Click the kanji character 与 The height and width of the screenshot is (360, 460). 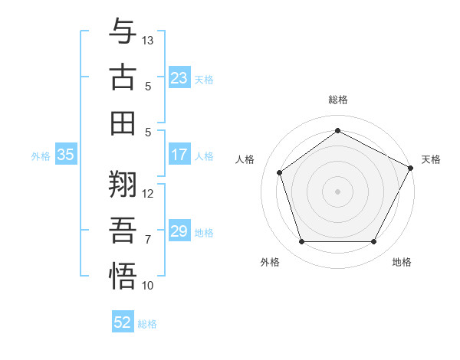click(x=123, y=33)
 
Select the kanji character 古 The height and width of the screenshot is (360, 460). click(x=123, y=77)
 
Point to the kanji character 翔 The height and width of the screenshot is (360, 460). click(x=123, y=185)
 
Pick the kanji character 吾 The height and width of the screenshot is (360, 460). click(x=123, y=231)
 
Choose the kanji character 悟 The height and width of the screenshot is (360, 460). click(x=123, y=276)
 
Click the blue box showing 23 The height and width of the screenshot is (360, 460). click(x=179, y=78)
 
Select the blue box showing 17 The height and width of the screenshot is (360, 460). click(x=179, y=155)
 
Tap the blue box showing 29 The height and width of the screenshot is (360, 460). click(x=179, y=231)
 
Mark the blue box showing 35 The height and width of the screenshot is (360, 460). click(x=65, y=155)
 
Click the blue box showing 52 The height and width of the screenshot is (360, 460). click(x=123, y=322)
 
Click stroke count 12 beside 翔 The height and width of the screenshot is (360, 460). click(x=149, y=193)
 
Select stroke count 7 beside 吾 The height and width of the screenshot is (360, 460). click(x=149, y=239)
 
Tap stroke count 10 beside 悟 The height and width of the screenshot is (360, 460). click(x=149, y=286)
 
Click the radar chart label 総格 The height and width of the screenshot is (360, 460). click(x=338, y=100)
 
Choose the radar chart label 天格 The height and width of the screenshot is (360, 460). click(x=431, y=159)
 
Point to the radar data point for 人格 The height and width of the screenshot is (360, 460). click(x=280, y=172)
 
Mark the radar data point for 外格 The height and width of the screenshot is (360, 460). click(x=301, y=242)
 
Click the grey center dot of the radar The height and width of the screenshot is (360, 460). click(x=337, y=191)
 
